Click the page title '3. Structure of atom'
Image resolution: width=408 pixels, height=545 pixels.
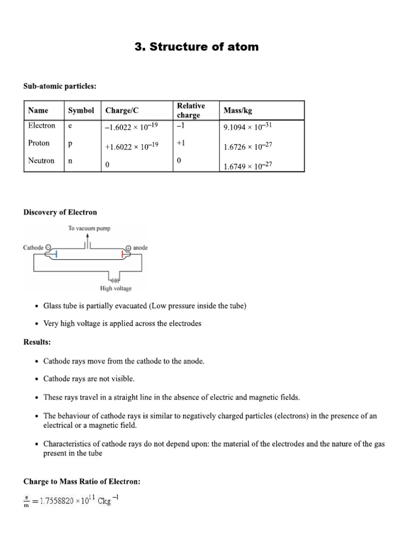197,47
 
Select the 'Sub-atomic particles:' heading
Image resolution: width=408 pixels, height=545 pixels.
59,86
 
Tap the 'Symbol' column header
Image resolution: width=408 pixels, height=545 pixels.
81,110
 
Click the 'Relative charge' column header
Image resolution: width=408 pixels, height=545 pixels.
191,110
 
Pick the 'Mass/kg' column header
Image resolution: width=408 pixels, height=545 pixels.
237,110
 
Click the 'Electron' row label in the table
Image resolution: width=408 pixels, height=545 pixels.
41,126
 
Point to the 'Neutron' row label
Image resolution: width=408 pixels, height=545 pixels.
41,160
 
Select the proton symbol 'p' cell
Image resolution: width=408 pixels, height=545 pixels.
70,143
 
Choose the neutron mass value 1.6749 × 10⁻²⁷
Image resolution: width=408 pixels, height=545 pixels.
248,166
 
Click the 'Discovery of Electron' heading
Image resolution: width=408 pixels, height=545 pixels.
60,212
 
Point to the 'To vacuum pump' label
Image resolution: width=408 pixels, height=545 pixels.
89,228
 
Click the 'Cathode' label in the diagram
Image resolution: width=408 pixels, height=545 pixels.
33,247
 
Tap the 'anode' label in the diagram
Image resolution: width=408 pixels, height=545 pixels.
140,247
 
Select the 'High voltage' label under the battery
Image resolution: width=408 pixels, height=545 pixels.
116,288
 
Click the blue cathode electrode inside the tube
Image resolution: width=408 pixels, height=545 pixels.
56,255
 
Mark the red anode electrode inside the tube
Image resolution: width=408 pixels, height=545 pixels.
123,255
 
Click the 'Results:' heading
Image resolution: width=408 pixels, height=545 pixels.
37,342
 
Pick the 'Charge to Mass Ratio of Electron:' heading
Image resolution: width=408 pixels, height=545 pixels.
82,482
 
